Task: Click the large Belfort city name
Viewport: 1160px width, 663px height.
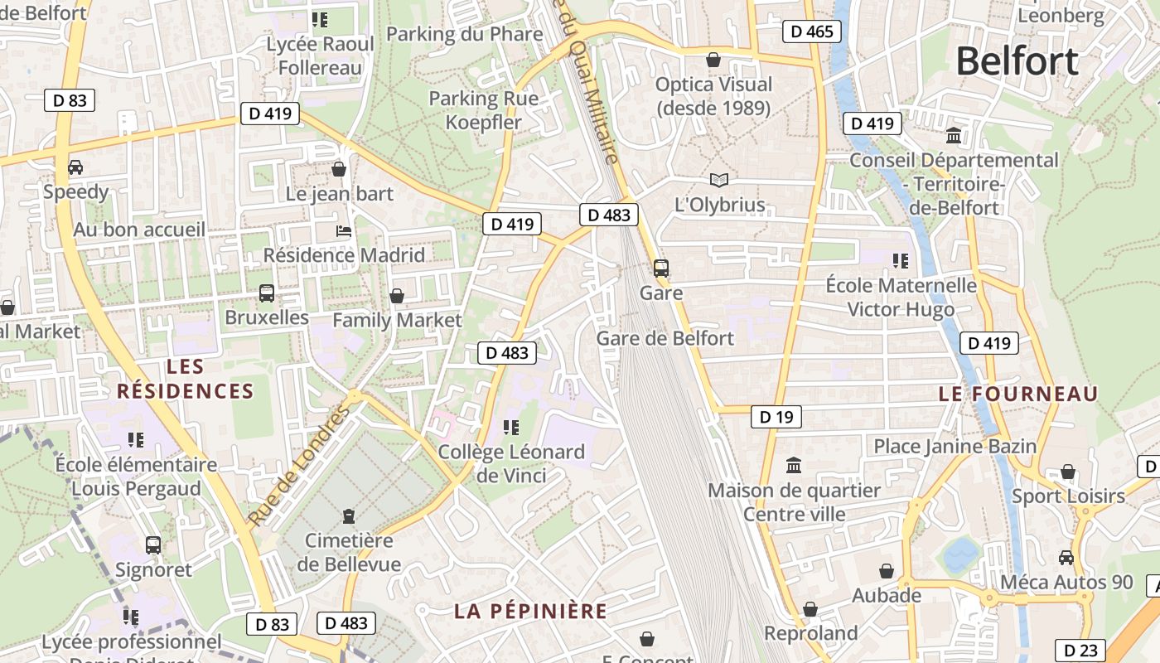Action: [1017, 61]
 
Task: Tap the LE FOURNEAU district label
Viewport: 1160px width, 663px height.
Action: [1017, 394]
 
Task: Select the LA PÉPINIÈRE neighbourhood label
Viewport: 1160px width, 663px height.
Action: [530, 612]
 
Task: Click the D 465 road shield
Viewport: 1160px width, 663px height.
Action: [812, 31]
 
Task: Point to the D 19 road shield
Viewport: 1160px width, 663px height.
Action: [776, 417]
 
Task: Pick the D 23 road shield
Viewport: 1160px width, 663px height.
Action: [1080, 651]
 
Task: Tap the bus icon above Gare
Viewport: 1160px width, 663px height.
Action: [660, 268]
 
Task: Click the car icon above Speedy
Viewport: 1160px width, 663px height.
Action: [75, 167]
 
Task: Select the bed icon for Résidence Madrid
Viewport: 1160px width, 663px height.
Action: [344, 230]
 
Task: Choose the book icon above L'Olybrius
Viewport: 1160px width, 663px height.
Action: [719, 180]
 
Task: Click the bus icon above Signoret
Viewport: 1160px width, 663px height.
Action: [153, 544]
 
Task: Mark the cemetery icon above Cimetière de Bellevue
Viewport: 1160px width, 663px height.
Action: [348, 516]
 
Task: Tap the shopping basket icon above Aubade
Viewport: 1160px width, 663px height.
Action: [887, 571]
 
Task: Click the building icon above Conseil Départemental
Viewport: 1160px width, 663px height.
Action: [954, 135]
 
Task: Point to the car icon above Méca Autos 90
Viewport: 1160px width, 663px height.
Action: [1066, 558]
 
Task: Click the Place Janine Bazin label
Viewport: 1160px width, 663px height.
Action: [955, 446]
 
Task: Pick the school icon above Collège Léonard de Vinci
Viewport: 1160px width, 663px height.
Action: [511, 427]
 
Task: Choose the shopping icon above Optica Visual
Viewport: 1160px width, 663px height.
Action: [713, 60]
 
